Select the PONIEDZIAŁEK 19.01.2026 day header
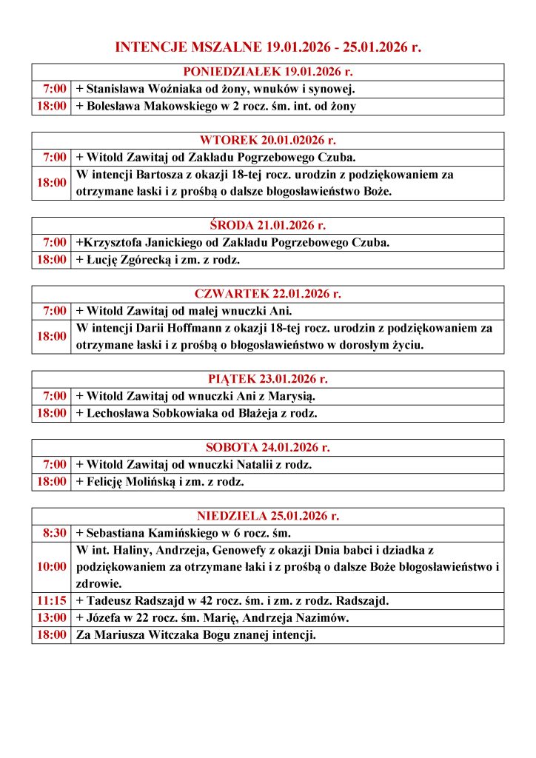267,72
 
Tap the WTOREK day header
267,140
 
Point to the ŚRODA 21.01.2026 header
267,225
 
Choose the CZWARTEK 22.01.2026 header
267,293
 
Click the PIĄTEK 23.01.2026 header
267,379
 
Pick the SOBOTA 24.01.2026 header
267,447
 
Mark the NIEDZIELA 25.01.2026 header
267,516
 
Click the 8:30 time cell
51,533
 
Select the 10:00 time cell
51,567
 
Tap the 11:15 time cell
51,600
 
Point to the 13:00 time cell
51,617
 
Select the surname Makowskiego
184,106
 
